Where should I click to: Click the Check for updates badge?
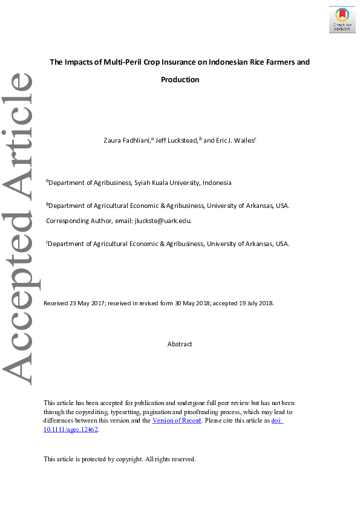(x=342, y=19)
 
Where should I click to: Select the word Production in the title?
(x=180, y=80)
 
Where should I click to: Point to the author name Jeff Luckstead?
(x=177, y=140)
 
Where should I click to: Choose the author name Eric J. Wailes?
(x=235, y=140)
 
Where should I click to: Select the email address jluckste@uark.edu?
(x=163, y=221)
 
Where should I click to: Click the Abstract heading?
(x=180, y=344)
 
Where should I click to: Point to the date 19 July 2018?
(x=254, y=303)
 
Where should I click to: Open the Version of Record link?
(x=177, y=421)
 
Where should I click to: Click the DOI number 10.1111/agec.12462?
(x=70, y=429)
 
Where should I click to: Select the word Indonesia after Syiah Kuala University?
(x=217, y=183)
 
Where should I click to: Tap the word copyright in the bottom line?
(x=125, y=459)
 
